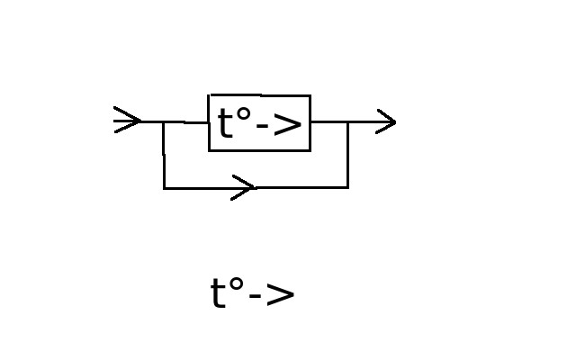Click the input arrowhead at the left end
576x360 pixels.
[128, 120]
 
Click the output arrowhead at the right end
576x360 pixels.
[386, 121]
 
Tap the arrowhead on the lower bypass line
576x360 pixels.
[243, 188]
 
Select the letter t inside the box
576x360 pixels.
[225, 122]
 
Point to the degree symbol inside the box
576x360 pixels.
[243, 114]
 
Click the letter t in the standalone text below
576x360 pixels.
[218, 292]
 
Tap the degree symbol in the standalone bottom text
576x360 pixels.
[236, 284]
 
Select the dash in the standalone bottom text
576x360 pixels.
[255, 296]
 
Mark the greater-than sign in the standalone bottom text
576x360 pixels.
[280, 295]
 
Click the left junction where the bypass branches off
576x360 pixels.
[163, 121]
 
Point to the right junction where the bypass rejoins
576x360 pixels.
[348, 121]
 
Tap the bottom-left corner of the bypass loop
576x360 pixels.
[164, 188]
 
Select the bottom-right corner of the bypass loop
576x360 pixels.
[348, 187]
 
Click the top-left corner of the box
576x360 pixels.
[209, 95]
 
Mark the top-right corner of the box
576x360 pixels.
[310, 95]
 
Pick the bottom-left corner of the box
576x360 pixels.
[209, 150]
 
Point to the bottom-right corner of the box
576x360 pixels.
[310, 150]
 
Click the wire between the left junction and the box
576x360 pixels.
[186, 122]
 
